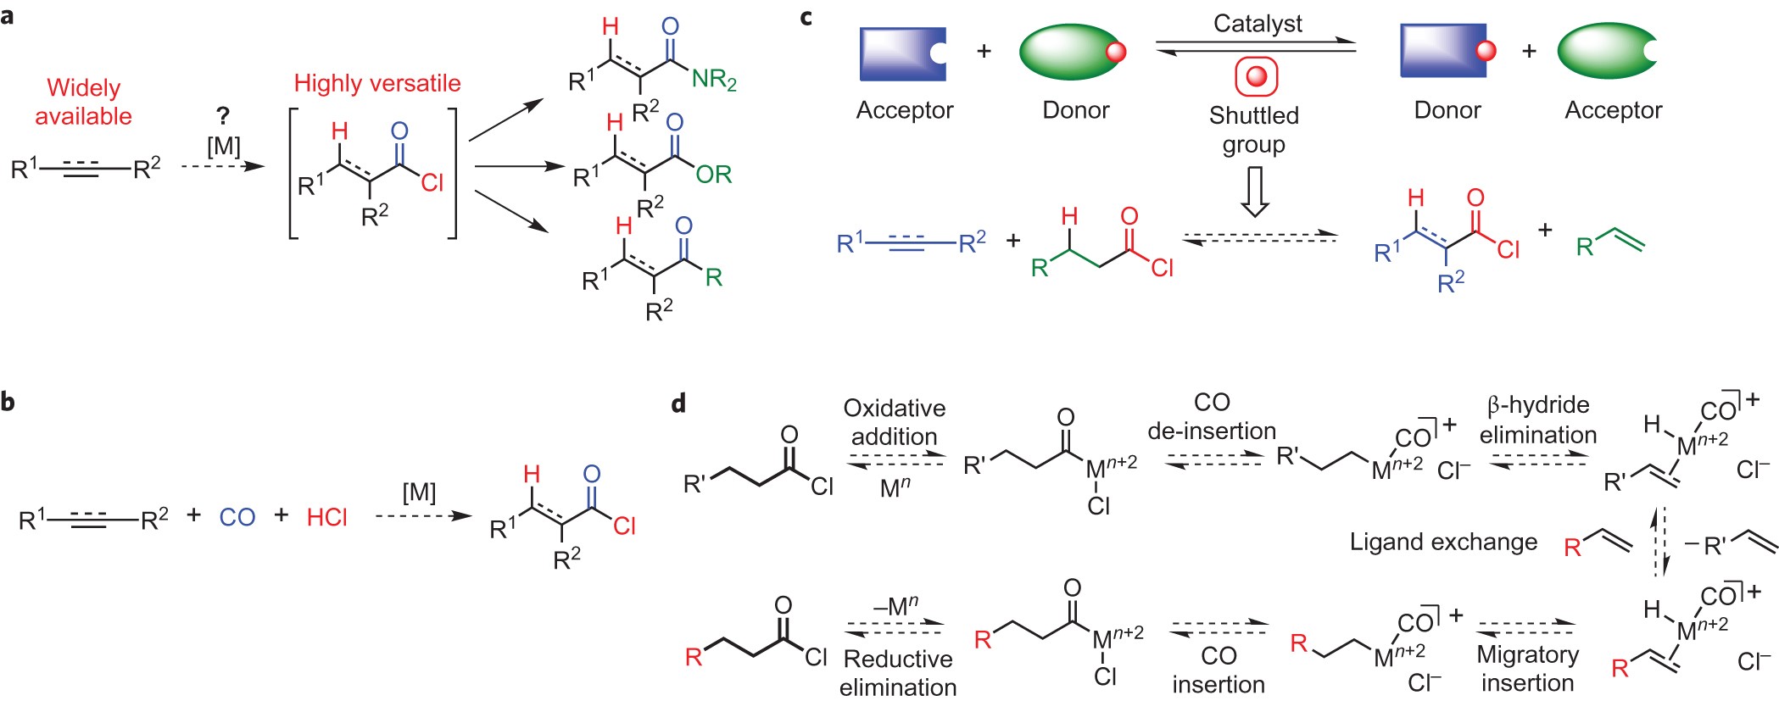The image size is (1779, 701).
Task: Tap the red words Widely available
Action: click(83, 102)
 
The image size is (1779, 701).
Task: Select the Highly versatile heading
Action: click(377, 83)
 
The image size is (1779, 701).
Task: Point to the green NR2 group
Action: click(714, 80)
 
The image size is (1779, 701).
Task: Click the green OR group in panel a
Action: click(713, 175)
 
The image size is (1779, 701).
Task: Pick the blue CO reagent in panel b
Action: click(237, 517)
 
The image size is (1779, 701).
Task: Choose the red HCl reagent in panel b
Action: click(326, 517)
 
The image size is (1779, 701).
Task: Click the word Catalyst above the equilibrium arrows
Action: click(1257, 24)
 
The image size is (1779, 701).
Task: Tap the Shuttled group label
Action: click(1253, 129)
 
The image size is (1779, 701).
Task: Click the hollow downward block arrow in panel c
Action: click(1254, 192)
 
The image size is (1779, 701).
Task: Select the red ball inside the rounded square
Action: click(1256, 77)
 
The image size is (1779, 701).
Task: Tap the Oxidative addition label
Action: click(894, 422)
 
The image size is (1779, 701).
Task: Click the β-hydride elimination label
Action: click(1537, 420)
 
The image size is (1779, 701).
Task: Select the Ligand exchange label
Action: click(1443, 542)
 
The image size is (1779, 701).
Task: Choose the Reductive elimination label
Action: click(898, 672)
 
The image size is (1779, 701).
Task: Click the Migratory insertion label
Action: click(1527, 668)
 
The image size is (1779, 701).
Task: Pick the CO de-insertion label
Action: click(1211, 416)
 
